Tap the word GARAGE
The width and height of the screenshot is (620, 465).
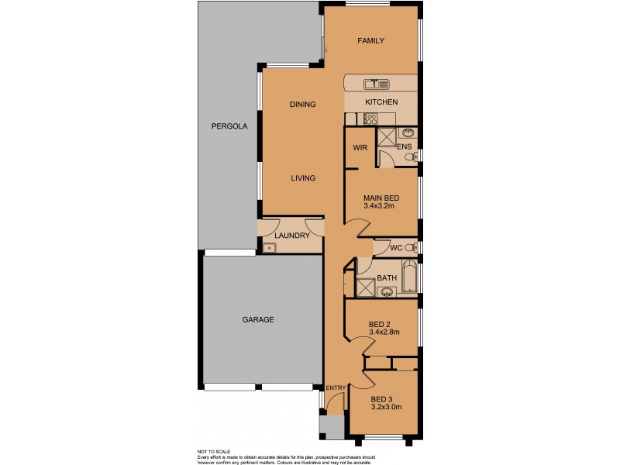click(258, 319)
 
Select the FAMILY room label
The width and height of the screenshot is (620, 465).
click(370, 41)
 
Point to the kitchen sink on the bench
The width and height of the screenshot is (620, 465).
click(374, 82)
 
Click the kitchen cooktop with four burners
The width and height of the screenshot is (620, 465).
click(370, 119)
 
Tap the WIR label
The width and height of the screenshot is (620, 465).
click(360, 146)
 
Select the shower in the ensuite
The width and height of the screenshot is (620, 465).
click(385, 136)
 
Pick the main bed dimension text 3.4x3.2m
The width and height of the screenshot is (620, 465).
click(381, 206)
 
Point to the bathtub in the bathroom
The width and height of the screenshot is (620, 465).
click(407, 277)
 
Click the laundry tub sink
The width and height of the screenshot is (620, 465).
click(268, 248)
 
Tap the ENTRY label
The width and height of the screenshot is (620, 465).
click(336, 388)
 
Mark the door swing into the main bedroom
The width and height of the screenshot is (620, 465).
click(356, 228)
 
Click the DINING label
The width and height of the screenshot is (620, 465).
click(302, 105)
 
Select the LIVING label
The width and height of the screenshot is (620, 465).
click(303, 178)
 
